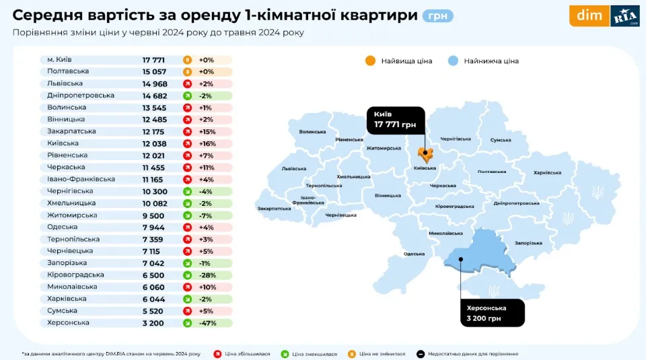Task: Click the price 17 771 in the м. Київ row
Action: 153,60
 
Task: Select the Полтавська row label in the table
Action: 68,71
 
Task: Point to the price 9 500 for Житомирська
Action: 153,215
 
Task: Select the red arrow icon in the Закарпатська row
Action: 187,131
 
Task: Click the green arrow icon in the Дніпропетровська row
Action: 187,96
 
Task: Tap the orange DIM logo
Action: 589,16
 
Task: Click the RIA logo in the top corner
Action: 624,16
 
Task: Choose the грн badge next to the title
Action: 437,15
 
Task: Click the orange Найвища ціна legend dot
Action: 370,61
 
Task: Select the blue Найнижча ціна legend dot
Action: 453,61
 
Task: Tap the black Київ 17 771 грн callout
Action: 396,120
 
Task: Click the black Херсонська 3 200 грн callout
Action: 493,312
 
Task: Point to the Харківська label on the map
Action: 546,173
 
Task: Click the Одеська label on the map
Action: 414,254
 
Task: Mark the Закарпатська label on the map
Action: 274,209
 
